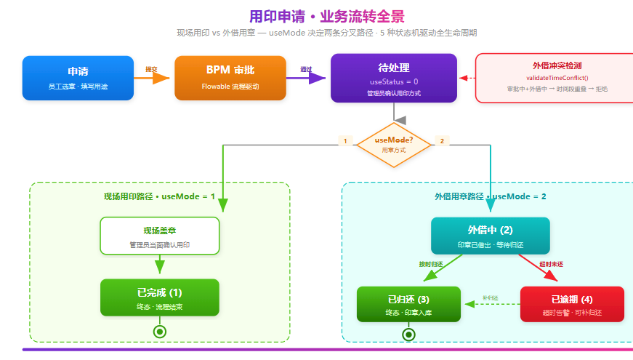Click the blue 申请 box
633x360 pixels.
78,78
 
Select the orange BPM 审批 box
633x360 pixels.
230,78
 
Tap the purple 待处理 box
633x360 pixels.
393,78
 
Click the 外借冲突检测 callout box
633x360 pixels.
556,78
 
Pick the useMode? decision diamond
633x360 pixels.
393,143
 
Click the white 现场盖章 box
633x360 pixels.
160,236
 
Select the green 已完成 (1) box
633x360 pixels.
160,297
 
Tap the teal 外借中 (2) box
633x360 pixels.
490,236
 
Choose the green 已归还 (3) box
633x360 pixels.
408,304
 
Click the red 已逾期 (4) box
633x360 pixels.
572,304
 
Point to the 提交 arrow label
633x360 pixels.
151,70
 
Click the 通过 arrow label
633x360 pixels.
306,70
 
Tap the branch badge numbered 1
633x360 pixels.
345,140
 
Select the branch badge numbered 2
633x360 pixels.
441,140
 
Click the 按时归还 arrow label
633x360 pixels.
431,264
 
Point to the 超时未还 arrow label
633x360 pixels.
552,264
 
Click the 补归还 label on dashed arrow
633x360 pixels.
490,298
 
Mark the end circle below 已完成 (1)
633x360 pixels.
160,332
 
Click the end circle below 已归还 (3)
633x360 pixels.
408,335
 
